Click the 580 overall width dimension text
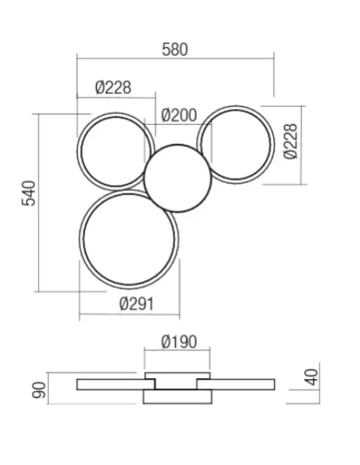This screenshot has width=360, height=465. point(174,49)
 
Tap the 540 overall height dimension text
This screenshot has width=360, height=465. point(29,193)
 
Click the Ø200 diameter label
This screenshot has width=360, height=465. point(178,115)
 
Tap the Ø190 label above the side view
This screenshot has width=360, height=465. point(178,342)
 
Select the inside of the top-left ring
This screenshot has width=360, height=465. point(115,150)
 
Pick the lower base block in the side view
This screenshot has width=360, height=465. point(178,397)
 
